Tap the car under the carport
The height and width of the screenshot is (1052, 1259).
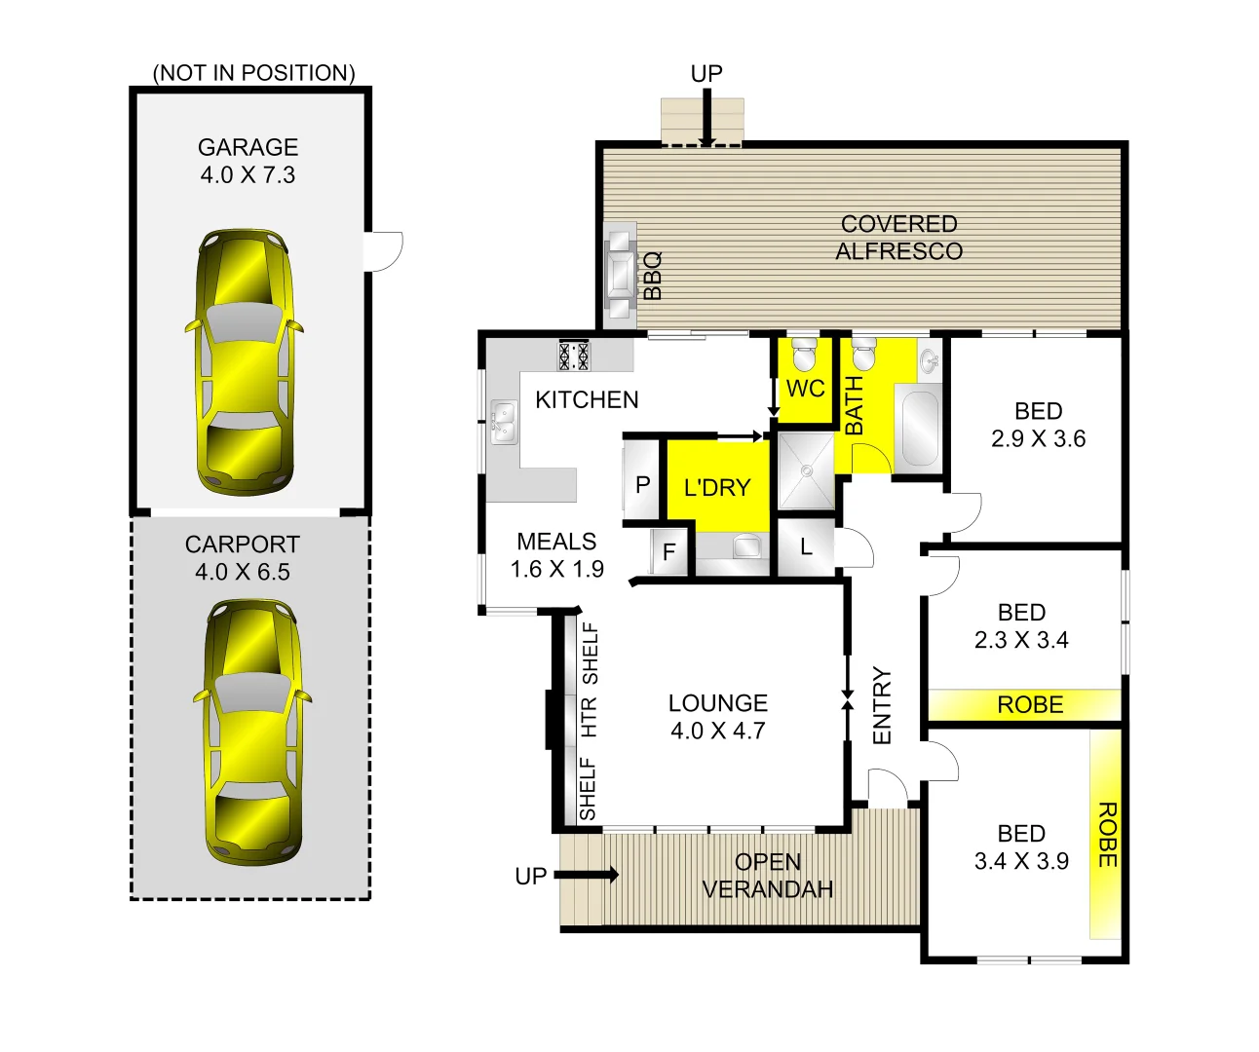pos(251,732)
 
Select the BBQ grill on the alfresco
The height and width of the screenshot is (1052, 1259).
pos(620,272)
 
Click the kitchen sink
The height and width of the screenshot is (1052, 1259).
pos(503,422)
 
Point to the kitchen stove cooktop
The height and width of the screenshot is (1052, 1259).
pos(573,355)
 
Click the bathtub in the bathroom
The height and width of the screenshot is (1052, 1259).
pos(919,428)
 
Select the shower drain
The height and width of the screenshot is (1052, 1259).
pos(807,470)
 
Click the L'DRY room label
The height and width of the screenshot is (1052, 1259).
pos(717,487)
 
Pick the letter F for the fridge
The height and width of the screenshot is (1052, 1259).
pos(669,552)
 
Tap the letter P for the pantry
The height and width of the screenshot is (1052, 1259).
pos(643,484)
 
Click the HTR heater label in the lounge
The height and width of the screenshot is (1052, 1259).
pos(589,717)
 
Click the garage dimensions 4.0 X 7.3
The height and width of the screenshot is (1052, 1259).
pos(248,175)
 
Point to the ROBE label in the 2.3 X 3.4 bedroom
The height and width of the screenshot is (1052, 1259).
pos(1030,705)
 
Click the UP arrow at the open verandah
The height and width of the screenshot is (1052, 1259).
pos(588,875)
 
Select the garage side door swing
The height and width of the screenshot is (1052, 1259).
pos(385,249)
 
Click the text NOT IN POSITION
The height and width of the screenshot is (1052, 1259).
pos(254,73)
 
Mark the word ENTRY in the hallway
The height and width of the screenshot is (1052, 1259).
pos(882,705)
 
